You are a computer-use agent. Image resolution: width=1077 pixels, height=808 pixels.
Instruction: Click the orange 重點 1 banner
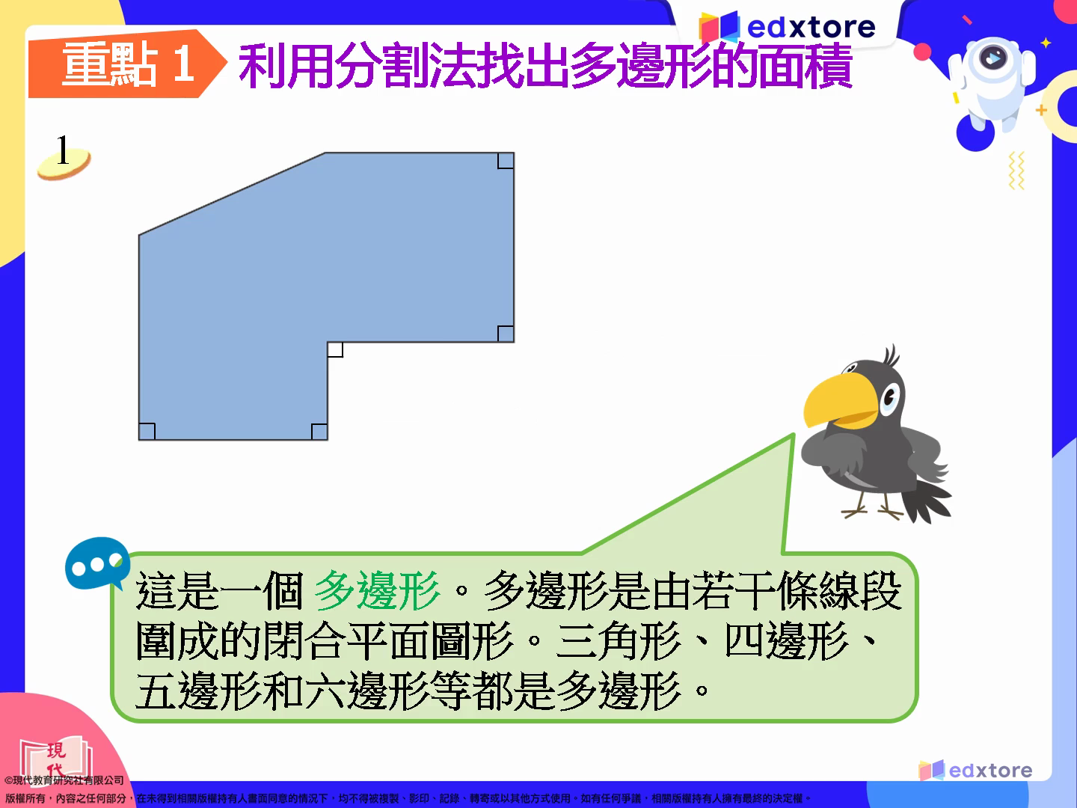(125, 64)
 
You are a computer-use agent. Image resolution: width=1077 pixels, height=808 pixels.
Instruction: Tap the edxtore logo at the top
(787, 27)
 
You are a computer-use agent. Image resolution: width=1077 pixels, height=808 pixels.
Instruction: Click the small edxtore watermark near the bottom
(975, 771)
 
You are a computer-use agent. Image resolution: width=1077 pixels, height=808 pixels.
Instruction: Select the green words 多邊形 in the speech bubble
(377, 591)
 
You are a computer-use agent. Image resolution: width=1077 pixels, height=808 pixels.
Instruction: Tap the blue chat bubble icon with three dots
(97, 563)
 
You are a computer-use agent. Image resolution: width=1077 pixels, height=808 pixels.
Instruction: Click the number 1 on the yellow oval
(62, 150)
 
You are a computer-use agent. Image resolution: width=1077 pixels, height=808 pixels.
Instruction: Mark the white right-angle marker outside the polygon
(335, 350)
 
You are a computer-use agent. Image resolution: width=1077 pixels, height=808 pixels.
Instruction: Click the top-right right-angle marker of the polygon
(506, 161)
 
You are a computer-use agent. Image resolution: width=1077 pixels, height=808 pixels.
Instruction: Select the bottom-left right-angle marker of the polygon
(147, 432)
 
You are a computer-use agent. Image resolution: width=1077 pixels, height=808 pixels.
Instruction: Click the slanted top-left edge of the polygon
(232, 194)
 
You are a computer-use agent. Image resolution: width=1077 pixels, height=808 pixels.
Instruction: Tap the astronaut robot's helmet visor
(992, 58)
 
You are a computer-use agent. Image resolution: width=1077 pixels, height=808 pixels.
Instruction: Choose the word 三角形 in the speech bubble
(619, 640)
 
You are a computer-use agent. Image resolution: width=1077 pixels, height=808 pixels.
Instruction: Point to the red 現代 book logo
(56, 758)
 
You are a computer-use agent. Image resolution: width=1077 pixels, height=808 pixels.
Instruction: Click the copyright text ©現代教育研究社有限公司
(64, 780)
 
